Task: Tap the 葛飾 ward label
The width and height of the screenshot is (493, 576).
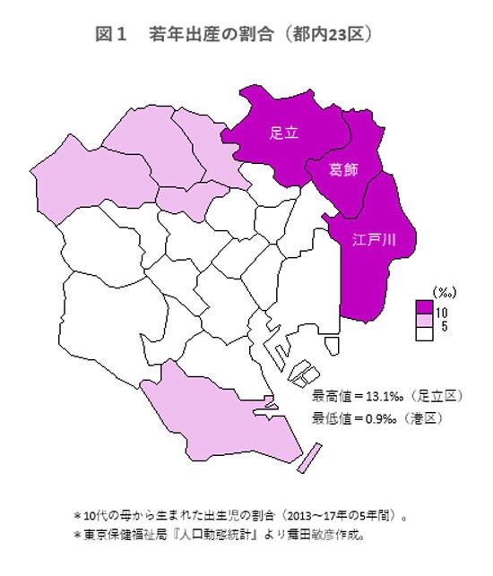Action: [344, 170]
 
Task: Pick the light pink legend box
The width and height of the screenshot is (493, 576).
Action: [425, 320]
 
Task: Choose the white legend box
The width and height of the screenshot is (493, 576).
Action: [425, 331]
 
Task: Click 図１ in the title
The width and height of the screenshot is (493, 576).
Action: [111, 35]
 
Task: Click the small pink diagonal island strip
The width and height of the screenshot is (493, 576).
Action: [307, 456]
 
